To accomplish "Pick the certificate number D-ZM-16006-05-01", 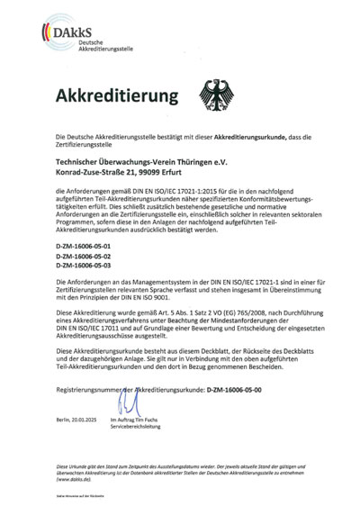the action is pyautogui.click(x=83, y=245).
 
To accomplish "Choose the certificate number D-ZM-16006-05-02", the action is pyautogui.click(x=83, y=256).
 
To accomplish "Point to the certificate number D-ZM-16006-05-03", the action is pyautogui.click(x=83, y=267).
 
